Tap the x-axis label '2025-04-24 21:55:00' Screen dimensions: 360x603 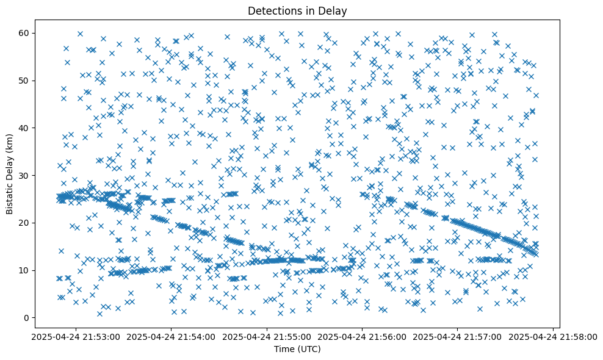click(267, 337)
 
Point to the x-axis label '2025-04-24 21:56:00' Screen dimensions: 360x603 click(362, 337)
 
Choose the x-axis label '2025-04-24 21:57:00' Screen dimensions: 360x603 click(458, 337)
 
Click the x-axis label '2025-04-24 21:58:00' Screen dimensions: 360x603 click(553, 337)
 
